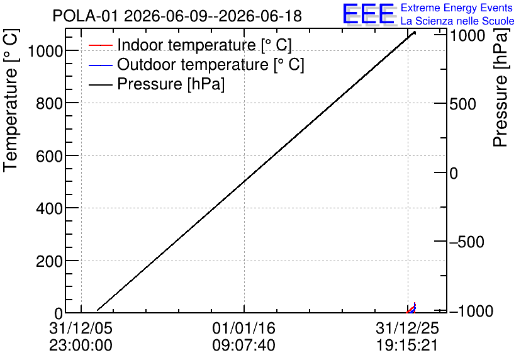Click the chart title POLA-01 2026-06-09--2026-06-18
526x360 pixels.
point(177,16)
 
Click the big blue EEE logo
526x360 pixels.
point(369,14)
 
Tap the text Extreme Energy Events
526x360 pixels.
point(457,8)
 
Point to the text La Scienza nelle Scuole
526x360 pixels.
point(457,21)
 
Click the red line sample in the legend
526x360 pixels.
point(100,45)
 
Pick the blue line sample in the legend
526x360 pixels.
point(100,65)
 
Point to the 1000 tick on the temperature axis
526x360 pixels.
point(45,52)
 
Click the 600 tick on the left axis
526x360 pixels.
point(49,156)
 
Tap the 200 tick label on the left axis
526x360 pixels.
point(49,261)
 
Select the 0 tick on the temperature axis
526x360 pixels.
point(59,313)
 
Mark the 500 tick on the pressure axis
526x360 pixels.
point(462,104)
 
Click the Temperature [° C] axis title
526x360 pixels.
point(11,101)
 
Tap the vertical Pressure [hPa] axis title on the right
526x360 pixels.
point(500,88)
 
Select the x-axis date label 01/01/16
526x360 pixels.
point(244,328)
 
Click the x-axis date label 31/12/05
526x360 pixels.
point(81,328)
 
